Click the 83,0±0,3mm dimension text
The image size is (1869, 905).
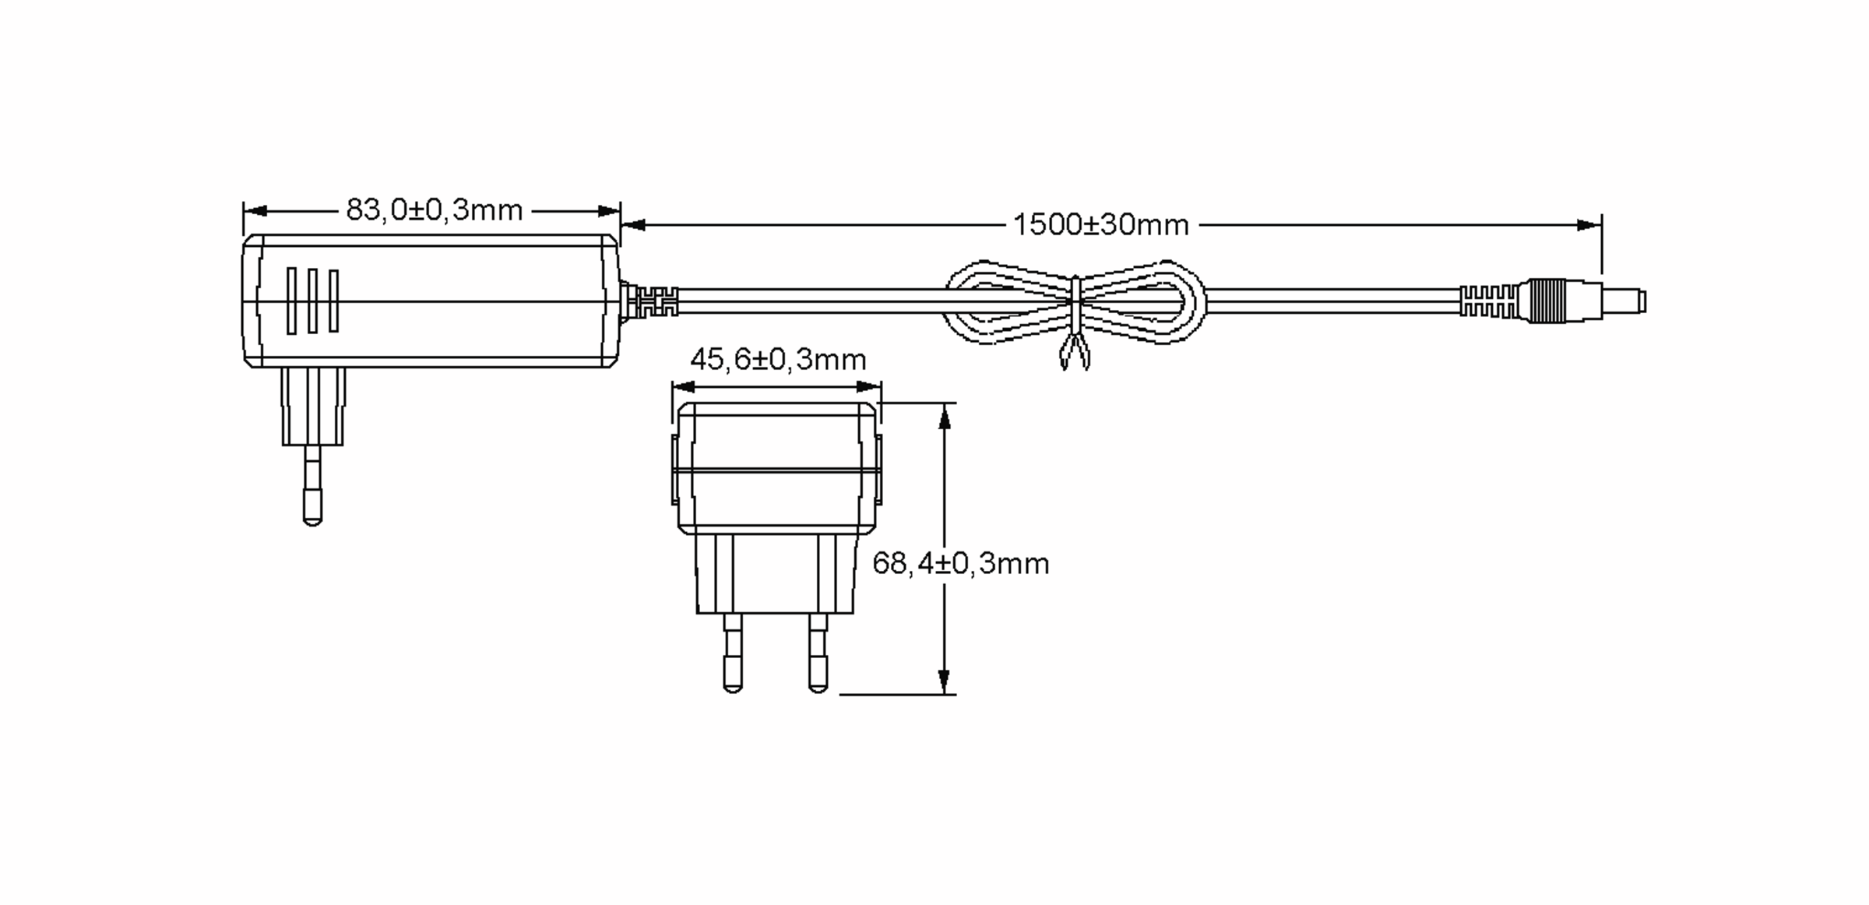pyautogui.click(x=434, y=210)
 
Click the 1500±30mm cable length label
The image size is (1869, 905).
pyautogui.click(x=1100, y=225)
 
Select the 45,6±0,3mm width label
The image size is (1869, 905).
pyautogui.click(x=778, y=359)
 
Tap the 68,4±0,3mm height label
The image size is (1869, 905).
pyautogui.click(x=961, y=563)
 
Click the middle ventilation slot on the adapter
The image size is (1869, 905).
pyautogui.click(x=312, y=301)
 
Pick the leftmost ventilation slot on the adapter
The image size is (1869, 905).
pyautogui.click(x=291, y=301)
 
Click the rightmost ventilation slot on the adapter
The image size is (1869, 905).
pyautogui.click(x=333, y=301)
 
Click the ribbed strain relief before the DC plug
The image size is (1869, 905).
pyautogui.click(x=1487, y=301)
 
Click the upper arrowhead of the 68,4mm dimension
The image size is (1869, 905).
pyautogui.click(x=945, y=416)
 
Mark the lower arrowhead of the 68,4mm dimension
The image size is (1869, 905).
pyautogui.click(x=945, y=681)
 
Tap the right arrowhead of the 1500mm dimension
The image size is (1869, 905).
pyautogui.click(x=1589, y=225)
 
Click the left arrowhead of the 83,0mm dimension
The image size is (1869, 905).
pyautogui.click(x=255, y=211)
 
